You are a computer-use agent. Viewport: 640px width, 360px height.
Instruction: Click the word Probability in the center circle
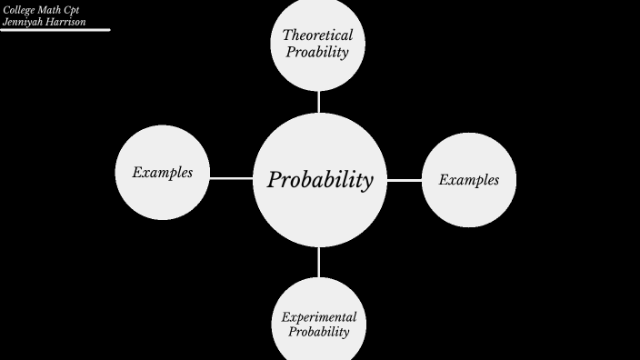pos(320,180)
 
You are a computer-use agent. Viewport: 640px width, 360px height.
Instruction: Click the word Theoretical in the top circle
pos(317,35)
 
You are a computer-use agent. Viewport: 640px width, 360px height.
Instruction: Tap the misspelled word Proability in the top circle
pos(317,52)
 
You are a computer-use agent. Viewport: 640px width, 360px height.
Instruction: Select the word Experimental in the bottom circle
pos(318,317)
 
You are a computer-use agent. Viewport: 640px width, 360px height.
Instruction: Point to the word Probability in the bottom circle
pos(318,332)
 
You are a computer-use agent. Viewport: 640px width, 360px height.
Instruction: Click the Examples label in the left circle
pos(163,172)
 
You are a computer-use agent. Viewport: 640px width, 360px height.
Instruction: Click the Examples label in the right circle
pos(469,180)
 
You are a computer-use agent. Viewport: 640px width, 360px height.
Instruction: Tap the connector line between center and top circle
pos(319,101)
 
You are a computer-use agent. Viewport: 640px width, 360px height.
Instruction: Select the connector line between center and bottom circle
pos(319,262)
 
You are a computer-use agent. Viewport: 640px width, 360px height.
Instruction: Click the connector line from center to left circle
pos(231,178)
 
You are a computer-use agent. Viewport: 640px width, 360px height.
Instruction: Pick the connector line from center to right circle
pos(405,180)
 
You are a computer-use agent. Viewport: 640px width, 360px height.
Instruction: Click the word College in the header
pos(19,9)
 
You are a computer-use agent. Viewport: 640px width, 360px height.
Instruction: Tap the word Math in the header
pos(50,9)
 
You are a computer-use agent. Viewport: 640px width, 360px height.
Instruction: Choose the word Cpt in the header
pos(72,9)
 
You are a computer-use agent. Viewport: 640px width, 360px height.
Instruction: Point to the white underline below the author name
pos(55,30)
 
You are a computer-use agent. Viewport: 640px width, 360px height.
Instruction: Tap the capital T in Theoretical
pos(287,35)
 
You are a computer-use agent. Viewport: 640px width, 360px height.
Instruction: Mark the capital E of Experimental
pos(285,317)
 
